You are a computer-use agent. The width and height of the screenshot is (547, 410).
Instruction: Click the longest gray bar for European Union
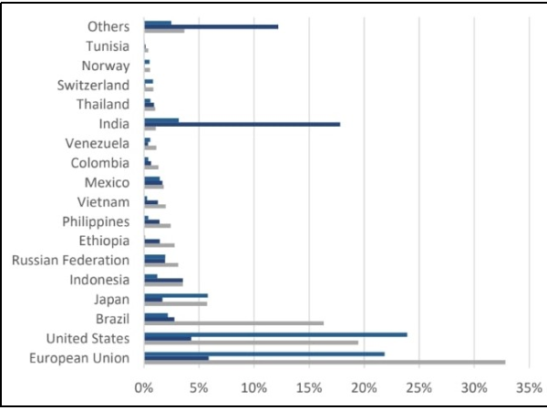[x=325, y=363]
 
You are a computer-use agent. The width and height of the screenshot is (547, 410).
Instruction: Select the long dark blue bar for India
[x=242, y=124]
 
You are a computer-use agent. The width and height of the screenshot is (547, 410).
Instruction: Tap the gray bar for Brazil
[x=234, y=323]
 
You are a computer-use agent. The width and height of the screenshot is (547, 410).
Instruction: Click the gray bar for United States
[x=251, y=343]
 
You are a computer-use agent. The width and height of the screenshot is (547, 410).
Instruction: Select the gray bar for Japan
[x=176, y=303]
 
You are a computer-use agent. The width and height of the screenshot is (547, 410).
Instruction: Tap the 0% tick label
[x=144, y=387]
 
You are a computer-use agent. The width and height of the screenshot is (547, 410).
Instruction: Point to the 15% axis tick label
[x=309, y=387]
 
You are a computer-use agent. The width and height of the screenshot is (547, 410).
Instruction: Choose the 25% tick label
[x=418, y=387]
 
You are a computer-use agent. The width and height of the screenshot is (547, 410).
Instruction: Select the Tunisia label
[x=108, y=46]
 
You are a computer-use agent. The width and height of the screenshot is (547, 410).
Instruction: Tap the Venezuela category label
[x=98, y=143]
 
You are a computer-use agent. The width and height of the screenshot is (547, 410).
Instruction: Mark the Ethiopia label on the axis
[x=104, y=241]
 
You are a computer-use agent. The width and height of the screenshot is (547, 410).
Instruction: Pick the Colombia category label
[x=100, y=163]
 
